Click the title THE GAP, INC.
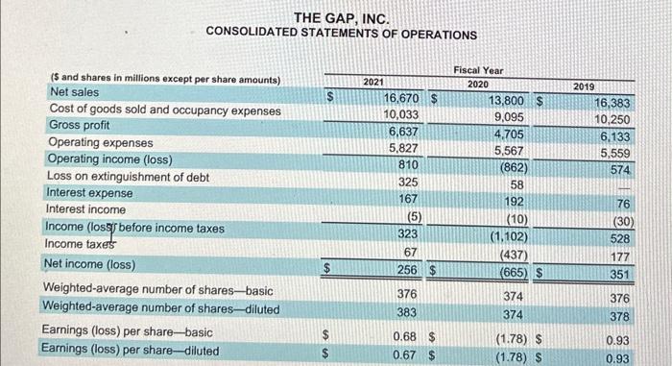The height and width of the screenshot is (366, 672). (341, 17)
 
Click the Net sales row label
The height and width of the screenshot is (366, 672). (73, 92)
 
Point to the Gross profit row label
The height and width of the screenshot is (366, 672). (79, 126)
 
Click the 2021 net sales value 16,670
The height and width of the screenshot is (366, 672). (406, 99)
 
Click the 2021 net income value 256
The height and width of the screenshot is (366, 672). (407, 270)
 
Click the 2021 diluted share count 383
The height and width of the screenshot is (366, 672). (407, 312)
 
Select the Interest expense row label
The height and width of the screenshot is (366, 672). (90, 193)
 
